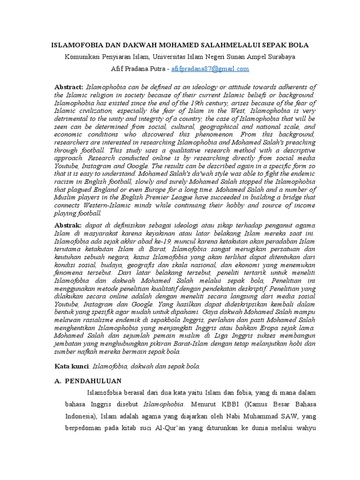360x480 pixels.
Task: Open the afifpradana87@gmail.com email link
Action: pos(210,68)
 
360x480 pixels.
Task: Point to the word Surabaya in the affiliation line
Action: pos(279,57)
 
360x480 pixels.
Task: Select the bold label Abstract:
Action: pos(69,87)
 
